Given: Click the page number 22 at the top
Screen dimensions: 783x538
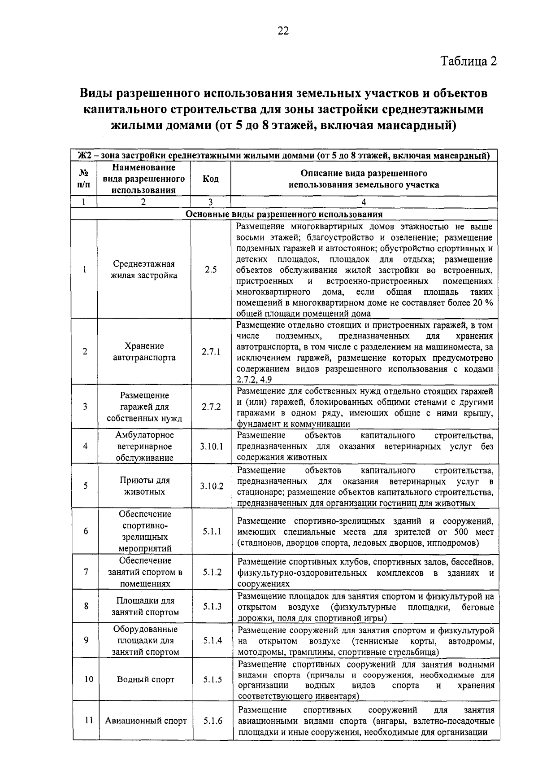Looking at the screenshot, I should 283,31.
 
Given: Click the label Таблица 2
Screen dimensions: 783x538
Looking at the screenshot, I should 469,61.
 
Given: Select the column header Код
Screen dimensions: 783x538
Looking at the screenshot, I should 210,179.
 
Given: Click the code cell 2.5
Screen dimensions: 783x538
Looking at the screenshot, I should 210,270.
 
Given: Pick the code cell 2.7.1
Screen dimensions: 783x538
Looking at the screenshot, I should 211,352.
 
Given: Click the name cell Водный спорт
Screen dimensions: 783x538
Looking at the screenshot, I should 145,679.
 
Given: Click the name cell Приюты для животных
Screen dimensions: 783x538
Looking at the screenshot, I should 144,486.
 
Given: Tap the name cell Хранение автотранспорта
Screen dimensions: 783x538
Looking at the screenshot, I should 144,352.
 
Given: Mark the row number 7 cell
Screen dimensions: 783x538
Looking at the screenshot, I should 85,572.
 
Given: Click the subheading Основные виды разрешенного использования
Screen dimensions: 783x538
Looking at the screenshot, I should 284,214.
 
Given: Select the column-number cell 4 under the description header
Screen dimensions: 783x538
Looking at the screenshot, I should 364,202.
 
